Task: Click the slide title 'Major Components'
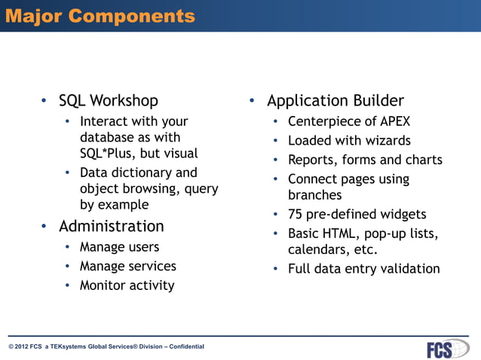click(x=100, y=16)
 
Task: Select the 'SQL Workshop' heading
click(x=109, y=100)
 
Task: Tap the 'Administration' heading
click(x=111, y=226)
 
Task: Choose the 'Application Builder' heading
click(x=335, y=100)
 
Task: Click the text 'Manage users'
click(x=119, y=246)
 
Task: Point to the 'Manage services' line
click(x=127, y=266)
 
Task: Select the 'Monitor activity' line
click(x=127, y=285)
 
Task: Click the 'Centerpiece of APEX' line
click(x=349, y=121)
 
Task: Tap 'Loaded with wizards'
click(x=349, y=141)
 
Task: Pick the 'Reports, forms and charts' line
click(x=365, y=160)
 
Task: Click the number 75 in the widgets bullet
click(x=296, y=215)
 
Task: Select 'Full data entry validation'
click(x=363, y=269)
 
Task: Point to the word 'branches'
click(x=314, y=195)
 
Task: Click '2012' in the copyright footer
click(x=23, y=346)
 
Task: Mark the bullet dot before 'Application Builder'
click(x=253, y=101)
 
